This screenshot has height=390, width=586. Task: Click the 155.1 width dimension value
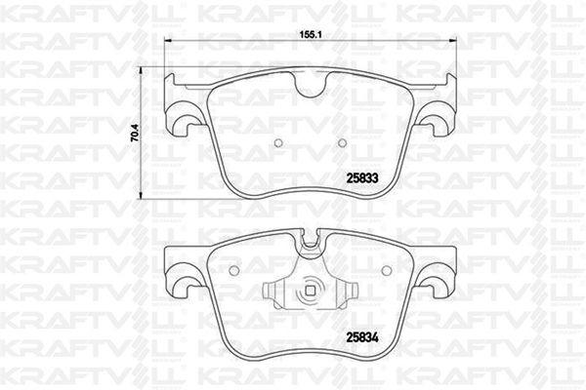coord(311,35)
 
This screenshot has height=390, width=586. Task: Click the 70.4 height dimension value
coord(137,133)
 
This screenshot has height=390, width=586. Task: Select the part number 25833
coord(362,178)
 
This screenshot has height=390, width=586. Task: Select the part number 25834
coord(362,337)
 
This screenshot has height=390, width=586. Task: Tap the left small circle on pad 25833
coord(278,143)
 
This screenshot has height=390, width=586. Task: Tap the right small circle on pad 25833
coord(342,142)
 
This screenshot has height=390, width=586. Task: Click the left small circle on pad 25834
coord(233,270)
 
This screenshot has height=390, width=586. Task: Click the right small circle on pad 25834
coord(387,269)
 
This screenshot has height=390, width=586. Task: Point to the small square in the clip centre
coord(311,290)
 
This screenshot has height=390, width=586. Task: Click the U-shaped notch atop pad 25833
coord(311,85)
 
